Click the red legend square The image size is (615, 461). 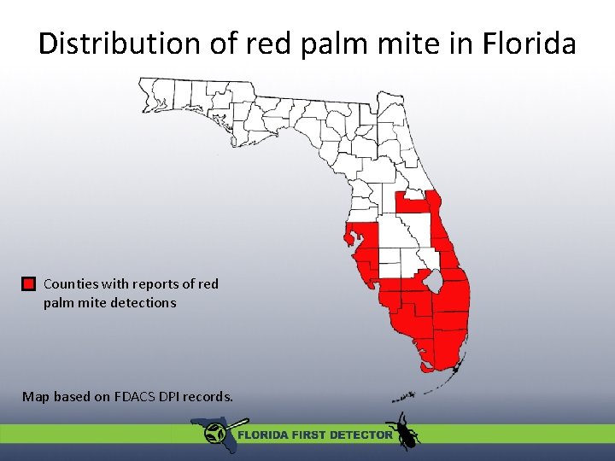tap(28, 283)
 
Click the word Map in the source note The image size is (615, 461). tap(35, 396)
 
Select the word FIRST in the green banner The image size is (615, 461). tap(305, 435)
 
